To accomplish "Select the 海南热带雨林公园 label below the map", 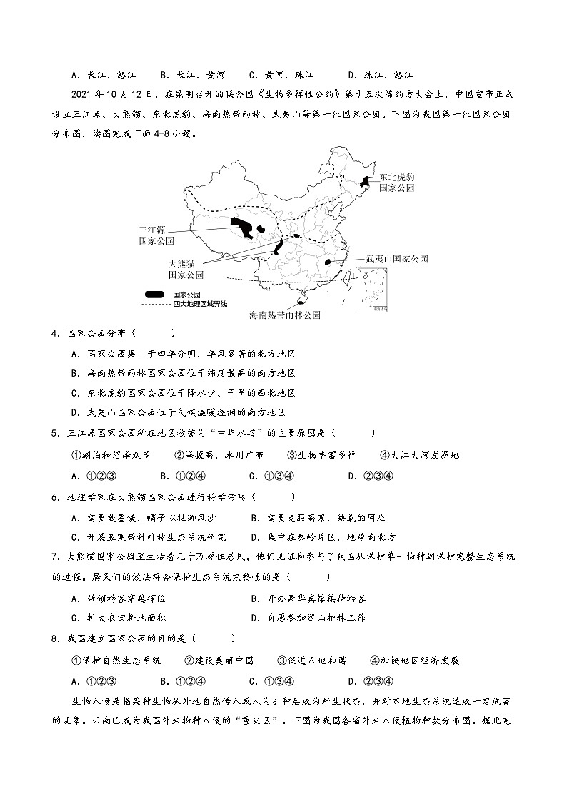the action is pyautogui.click(x=284, y=315).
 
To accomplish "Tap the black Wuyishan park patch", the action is pyautogui.click(x=328, y=262).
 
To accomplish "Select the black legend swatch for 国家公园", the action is pyautogui.click(x=155, y=294).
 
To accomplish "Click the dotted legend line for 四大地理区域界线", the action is pyautogui.click(x=155, y=304).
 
